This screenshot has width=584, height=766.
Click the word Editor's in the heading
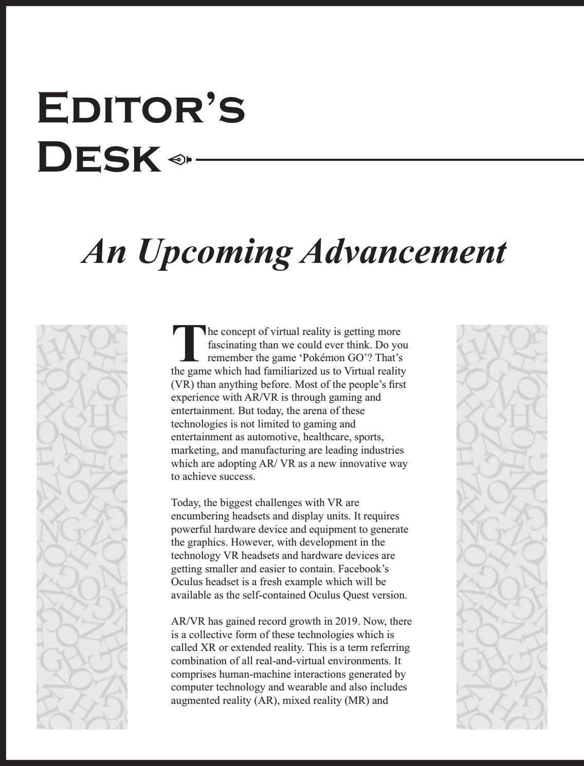coord(141,108)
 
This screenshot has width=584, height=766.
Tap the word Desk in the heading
coord(99,158)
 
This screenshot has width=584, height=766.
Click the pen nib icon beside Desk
coord(179,159)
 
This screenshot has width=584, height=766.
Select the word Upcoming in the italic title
coord(215,251)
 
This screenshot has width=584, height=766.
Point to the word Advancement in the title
coord(403,251)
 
